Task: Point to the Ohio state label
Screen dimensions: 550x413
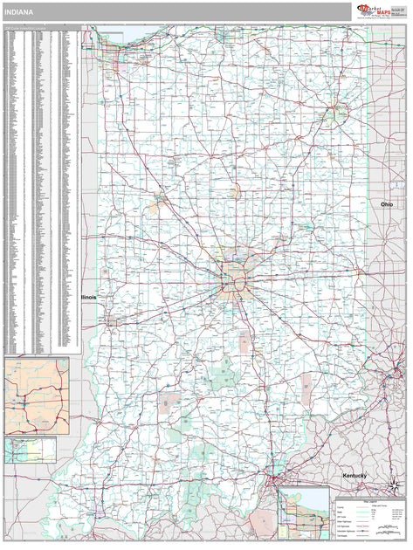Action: pyautogui.click(x=386, y=203)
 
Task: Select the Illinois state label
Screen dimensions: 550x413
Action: pyautogui.click(x=89, y=297)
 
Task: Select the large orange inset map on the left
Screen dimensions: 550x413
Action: pyautogui.click(x=36, y=395)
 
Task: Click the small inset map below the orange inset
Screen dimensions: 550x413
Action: pyautogui.click(x=30, y=450)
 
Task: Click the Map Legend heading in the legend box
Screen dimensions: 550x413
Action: pyautogui.click(x=367, y=501)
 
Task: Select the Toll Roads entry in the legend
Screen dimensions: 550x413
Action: pyautogui.click(x=341, y=536)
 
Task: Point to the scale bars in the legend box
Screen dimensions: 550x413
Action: pyautogui.click(x=388, y=529)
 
